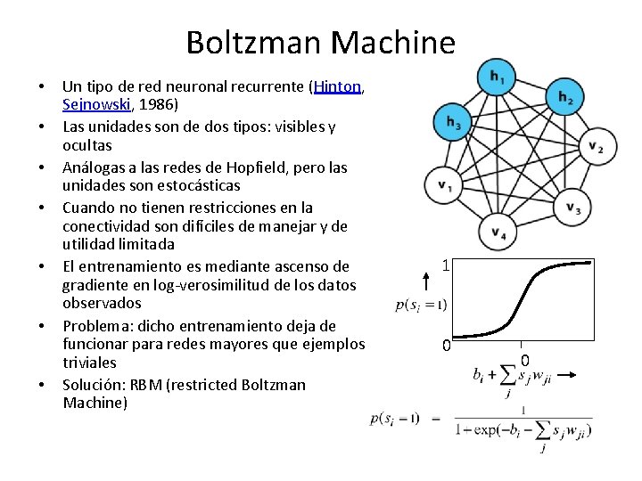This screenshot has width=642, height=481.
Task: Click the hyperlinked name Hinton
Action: pyautogui.click(x=336, y=87)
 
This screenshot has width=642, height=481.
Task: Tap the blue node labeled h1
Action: pyautogui.click(x=495, y=78)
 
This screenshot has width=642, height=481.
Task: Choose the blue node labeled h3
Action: pyautogui.click(x=453, y=122)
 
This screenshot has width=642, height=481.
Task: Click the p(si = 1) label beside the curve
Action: pyautogui.click(x=421, y=306)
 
